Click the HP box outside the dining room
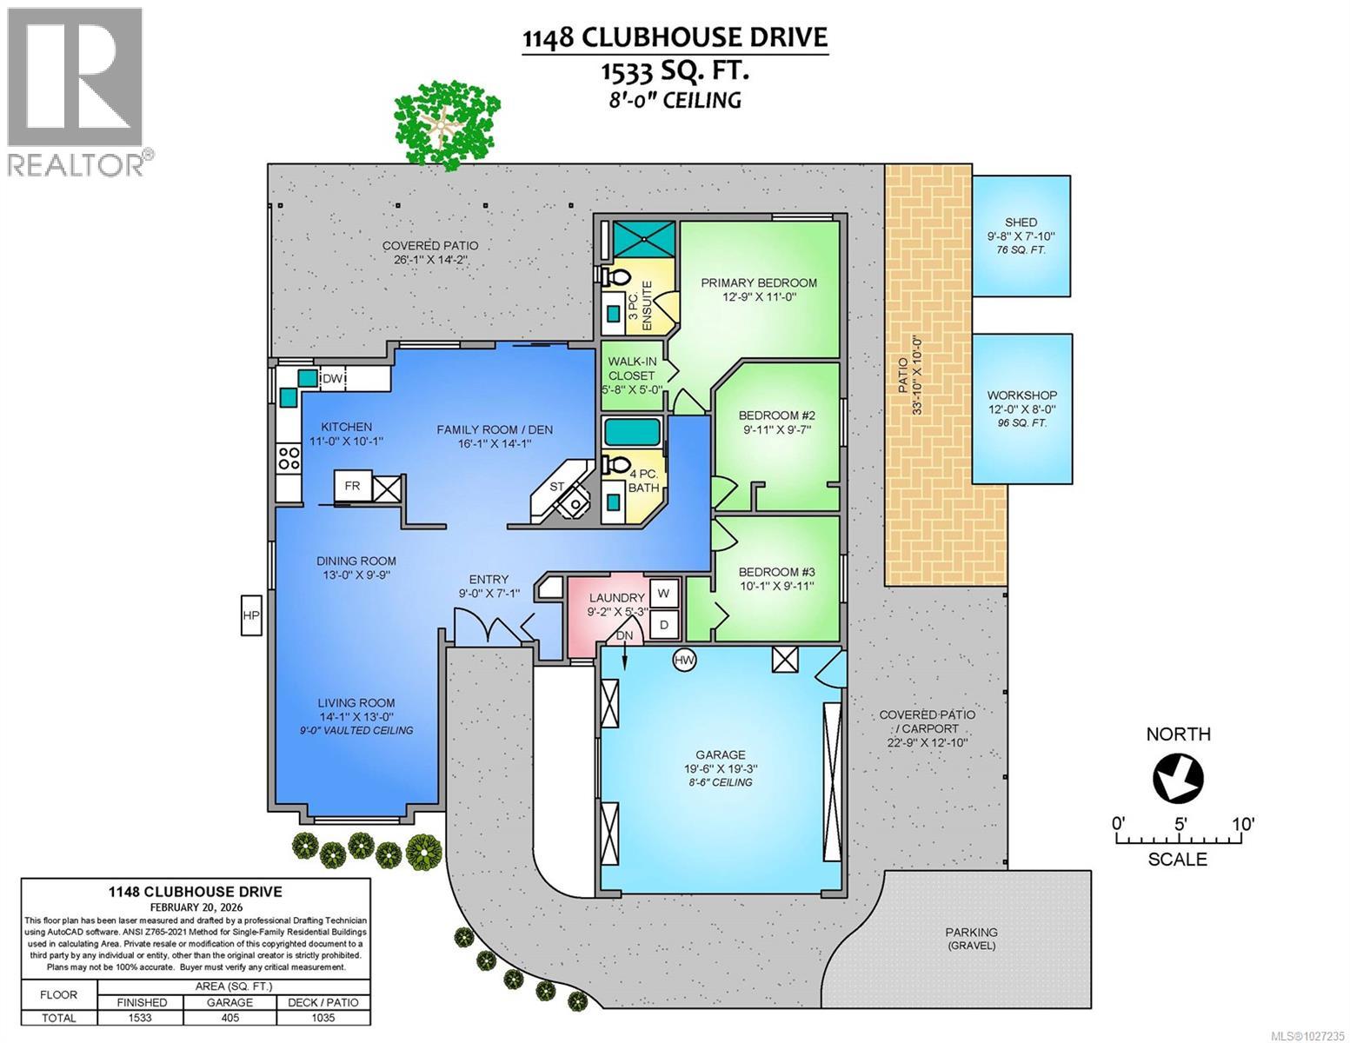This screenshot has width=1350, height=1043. tap(251, 615)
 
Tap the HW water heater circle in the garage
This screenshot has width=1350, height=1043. tap(685, 661)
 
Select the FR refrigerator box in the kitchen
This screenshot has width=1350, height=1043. tap(353, 486)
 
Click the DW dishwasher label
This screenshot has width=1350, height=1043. tap(334, 379)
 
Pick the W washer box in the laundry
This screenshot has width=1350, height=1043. tap(664, 594)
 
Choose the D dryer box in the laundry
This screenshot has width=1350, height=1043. tap(664, 623)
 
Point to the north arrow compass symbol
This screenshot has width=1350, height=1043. tap(1178, 775)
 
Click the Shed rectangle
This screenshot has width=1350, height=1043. tap(1021, 236)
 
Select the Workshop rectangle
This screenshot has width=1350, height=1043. tap(1021, 408)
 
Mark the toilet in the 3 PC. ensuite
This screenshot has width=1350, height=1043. tap(618, 276)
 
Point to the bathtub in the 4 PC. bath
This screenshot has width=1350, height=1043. tap(633, 432)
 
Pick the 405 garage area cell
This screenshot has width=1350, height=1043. tap(229, 1018)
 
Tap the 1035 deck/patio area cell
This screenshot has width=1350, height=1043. tap(323, 1018)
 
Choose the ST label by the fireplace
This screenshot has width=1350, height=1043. tap(557, 486)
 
